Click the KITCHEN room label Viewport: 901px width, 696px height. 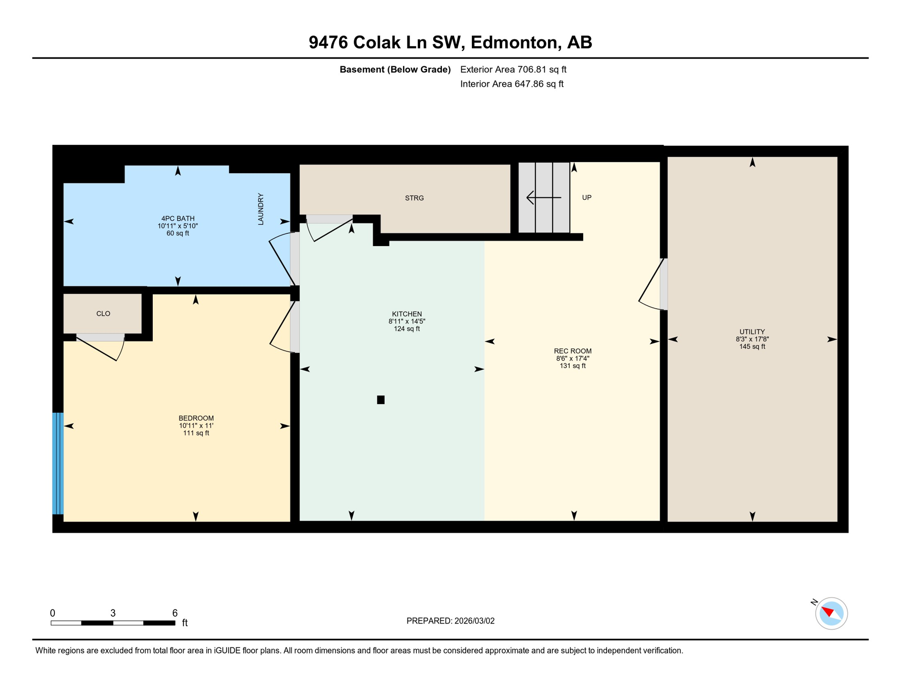[x=407, y=314]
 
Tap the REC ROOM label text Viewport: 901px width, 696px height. [x=572, y=351]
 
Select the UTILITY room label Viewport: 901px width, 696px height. [x=752, y=332]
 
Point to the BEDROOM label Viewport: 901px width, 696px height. [x=196, y=418]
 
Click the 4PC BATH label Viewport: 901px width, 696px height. [x=178, y=218]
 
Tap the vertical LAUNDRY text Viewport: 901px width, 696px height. [x=261, y=209]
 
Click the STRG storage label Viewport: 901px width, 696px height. [x=414, y=198]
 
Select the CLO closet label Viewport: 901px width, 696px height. [x=103, y=314]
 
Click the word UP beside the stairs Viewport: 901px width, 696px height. [x=586, y=198]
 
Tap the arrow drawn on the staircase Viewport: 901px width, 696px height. [x=543, y=198]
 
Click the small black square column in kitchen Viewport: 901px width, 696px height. [x=381, y=400]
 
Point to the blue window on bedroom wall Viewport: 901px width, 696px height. [x=58, y=463]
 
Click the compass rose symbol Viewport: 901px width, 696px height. [x=831, y=614]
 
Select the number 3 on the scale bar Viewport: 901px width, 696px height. [x=113, y=613]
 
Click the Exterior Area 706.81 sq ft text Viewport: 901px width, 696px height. [x=513, y=69]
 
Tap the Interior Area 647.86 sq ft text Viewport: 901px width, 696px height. [x=512, y=84]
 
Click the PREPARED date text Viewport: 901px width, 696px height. [x=450, y=621]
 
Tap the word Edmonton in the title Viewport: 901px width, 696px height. [x=514, y=42]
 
